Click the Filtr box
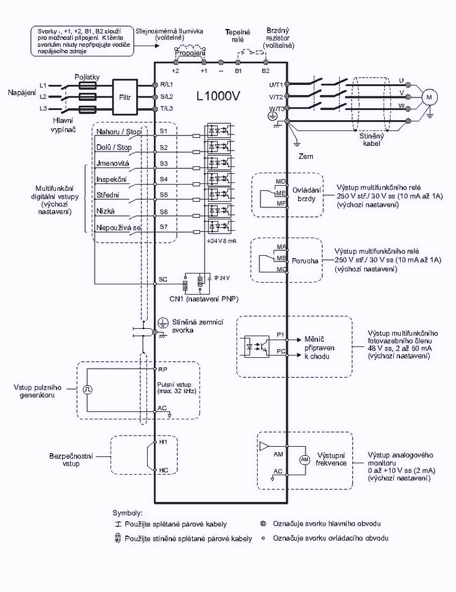(x=125, y=96)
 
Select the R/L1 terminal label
(x=166, y=84)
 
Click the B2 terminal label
(x=266, y=71)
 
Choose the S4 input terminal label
(x=164, y=179)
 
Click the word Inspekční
(x=112, y=179)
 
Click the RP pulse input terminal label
(x=162, y=369)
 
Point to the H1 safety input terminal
(x=162, y=442)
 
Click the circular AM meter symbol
(x=304, y=459)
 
